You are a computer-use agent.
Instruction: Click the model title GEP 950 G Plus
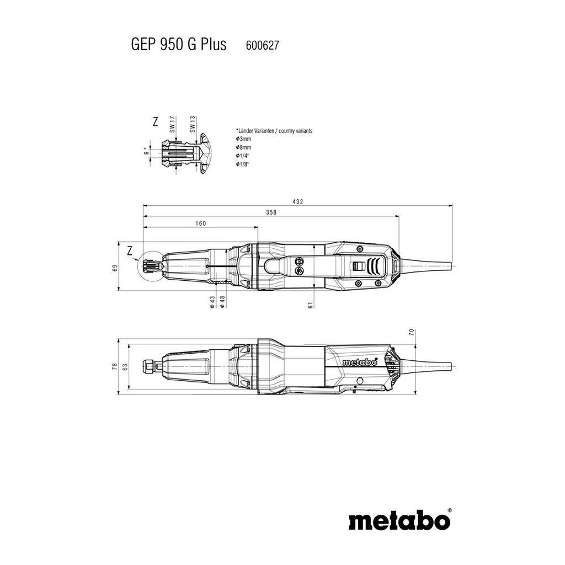[178, 45]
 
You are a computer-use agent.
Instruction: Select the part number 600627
[262, 45]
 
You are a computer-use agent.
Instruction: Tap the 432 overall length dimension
[298, 202]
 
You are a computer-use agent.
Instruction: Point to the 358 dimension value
[271, 212]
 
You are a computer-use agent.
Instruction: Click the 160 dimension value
[201, 223]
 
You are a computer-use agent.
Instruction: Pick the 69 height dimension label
[115, 268]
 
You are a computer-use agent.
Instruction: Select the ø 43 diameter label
[212, 302]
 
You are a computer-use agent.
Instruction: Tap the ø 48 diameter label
[222, 302]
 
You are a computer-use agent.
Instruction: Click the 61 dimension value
[311, 305]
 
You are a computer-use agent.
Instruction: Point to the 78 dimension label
[115, 367]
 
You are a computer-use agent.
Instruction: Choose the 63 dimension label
[125, 367]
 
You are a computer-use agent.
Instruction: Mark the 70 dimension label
[412, 332]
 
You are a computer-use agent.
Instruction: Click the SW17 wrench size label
[172, 124]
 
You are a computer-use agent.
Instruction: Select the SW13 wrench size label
[193, 124]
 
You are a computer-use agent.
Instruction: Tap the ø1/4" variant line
[243, 156]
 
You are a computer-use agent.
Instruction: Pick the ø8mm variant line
[243, 147]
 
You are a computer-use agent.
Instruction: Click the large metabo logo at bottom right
[400, 520]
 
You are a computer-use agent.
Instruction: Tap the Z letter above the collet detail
[155, 122]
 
